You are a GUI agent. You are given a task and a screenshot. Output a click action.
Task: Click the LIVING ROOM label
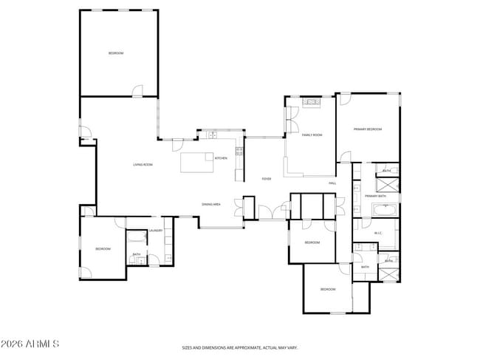click(x=143, y=164)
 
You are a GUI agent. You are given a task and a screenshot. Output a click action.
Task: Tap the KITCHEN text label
click(x=220, y=158)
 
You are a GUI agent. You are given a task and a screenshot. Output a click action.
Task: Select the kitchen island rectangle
click(x=196, y=160)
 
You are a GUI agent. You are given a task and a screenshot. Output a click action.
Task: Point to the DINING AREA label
click(x=211, y=204)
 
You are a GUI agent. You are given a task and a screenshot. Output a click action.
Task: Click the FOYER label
click(x=266, y=179)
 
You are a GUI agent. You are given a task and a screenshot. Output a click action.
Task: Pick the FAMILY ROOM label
click(x=312, y=135)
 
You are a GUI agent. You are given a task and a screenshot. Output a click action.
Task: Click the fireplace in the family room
click(x=311, y=101)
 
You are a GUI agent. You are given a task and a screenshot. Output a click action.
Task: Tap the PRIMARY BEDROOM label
click(x=367, y=129)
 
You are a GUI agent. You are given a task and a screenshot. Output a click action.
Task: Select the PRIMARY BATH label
click(x=376, y=196)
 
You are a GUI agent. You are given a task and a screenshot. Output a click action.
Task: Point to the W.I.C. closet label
click(x=377, y=234)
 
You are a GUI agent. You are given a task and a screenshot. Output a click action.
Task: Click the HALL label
click(x=332, y=183)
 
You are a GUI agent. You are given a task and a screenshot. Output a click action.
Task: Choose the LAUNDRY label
click(x=155, y=231)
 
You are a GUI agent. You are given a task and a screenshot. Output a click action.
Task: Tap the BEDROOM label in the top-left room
click(x=116, y=53)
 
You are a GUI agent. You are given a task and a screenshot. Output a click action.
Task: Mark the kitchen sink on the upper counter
click(x=212, y=135)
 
